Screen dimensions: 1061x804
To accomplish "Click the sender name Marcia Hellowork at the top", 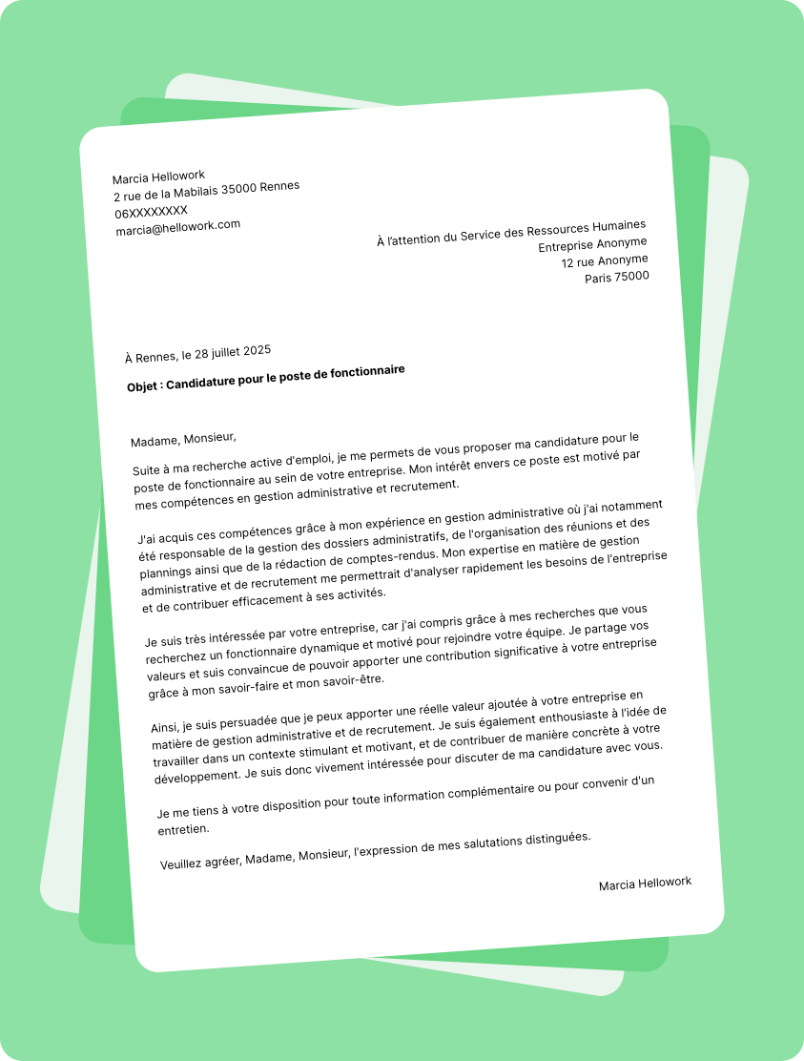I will point(158,177).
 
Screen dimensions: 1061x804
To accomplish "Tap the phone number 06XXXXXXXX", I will point(151,211).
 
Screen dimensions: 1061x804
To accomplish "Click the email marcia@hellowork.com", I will point(177,228).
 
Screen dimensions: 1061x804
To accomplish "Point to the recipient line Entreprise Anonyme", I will point(592,244).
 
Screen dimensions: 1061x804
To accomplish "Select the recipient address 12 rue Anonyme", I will point(604,260).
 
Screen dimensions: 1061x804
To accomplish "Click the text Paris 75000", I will point(616,277).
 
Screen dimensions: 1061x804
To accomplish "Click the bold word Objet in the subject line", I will point(144,387).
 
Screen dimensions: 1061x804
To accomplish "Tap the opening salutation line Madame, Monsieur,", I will point(183,439).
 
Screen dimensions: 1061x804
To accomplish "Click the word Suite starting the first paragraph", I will point(148,470).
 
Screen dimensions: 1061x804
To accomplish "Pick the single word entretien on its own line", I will point(181,830).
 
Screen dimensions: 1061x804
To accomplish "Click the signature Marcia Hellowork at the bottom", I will point(645,884).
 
